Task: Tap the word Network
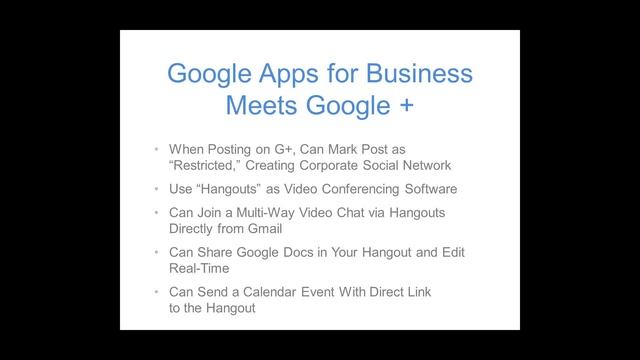point(424,165)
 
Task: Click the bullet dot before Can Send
point(157,292)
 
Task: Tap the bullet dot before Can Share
point(157,252)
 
